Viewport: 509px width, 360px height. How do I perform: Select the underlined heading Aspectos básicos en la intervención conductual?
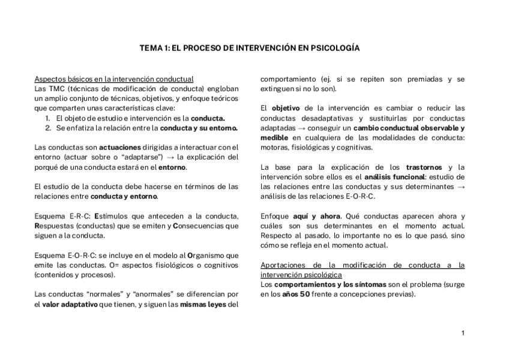click(114, 79)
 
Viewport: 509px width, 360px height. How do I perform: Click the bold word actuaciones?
click(120, 147)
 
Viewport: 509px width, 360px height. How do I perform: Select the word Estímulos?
click(112, 216)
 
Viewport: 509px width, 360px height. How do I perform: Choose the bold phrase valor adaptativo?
click(70, 304)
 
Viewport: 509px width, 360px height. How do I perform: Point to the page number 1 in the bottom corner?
click(463, 333)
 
